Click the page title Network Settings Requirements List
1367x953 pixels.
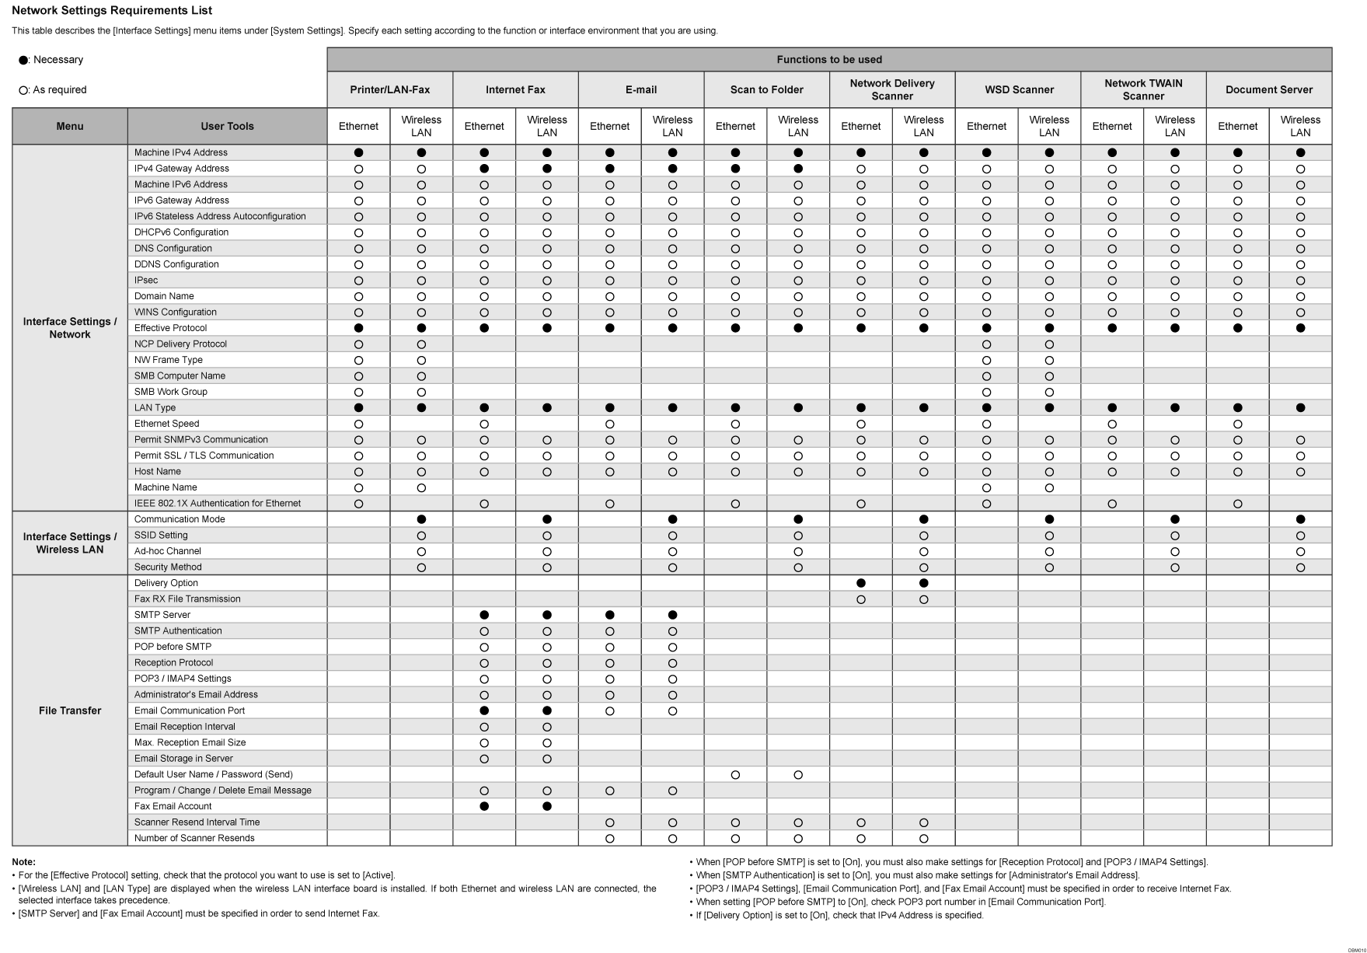point(112,11)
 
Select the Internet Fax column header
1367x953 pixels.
point(515,89)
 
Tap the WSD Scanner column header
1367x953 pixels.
point(1019,89)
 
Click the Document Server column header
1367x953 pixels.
point(1268,89)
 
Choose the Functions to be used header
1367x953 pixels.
point(829,60)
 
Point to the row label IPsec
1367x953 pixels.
point(146,280)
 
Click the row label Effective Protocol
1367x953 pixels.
point(170,328)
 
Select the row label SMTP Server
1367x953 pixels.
point(162,615)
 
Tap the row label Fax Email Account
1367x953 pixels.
point(173,806)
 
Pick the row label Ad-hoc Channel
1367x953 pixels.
point(167,551)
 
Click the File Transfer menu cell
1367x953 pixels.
point(70,710)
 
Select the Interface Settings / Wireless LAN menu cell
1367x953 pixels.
point(70,543)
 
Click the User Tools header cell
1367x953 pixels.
point(227,126)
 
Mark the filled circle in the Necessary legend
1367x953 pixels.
point(23,61)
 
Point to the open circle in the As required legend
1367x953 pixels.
point(23,91)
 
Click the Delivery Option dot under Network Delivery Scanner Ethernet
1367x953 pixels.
point(860,583)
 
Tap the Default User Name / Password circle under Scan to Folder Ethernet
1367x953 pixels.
point(735,775)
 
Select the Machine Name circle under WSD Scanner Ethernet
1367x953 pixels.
point(986,488)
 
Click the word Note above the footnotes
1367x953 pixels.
point(23,862)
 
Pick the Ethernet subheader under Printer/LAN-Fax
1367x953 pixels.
point(358,126)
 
